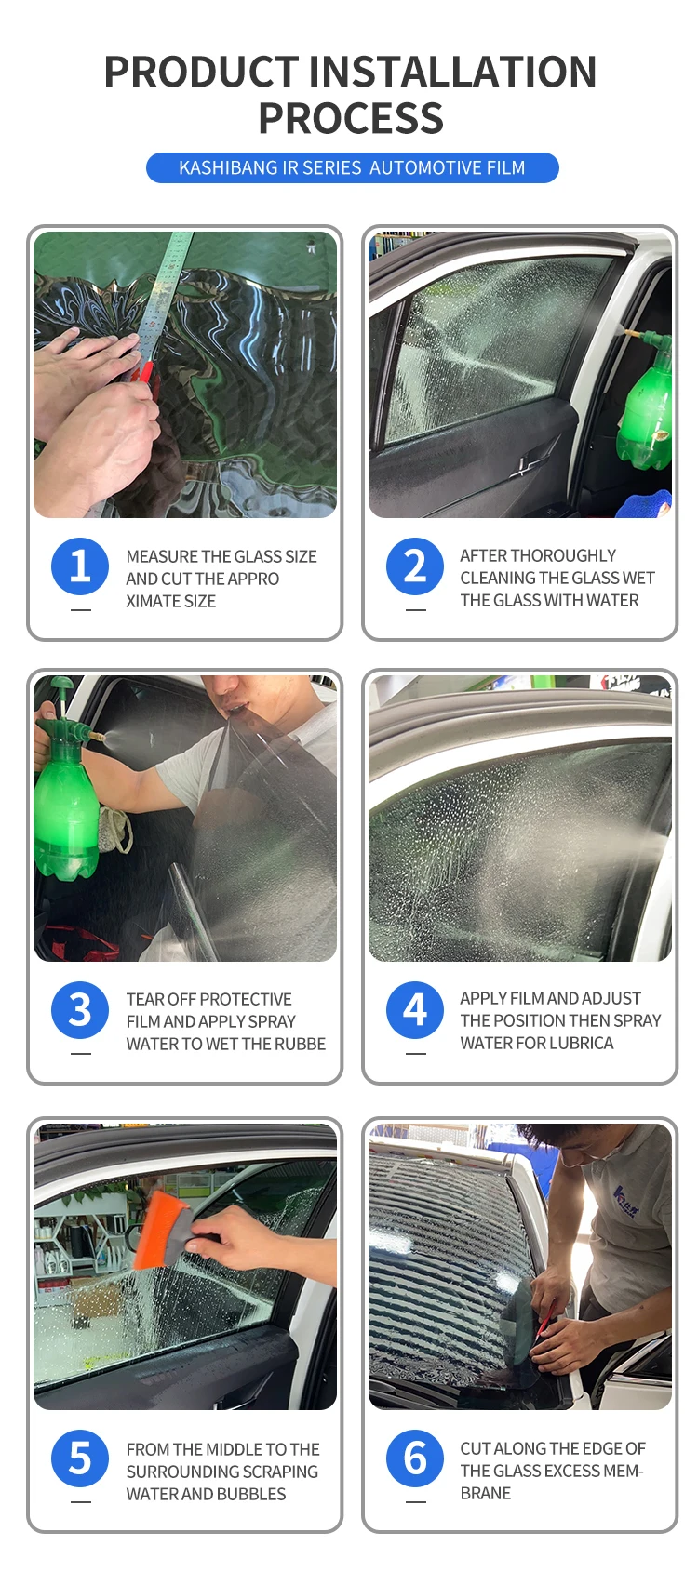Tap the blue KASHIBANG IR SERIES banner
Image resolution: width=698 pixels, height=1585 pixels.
tap(353, 167)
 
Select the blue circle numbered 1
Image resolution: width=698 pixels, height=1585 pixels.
tap(80, 566)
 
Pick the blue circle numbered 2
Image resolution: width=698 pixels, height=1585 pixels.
tap(415, 566)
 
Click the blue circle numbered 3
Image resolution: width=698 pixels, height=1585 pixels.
tap(80, 1010)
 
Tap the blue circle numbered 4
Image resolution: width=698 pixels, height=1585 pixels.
tap(415, 1010)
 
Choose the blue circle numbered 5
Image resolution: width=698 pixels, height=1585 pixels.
tap(80, 1458)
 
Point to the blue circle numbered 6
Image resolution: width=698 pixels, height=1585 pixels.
tap(415, 1458)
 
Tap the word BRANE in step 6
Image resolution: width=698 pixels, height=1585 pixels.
tap(486, 1493)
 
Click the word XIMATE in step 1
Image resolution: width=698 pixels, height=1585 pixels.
tap(153, 601)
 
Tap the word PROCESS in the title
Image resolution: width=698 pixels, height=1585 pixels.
tap(351, 118)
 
